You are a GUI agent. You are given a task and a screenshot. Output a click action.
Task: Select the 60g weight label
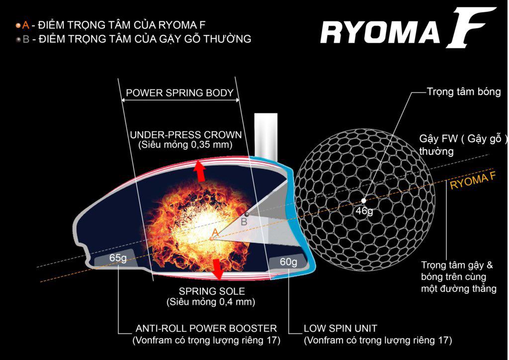[x=288, y=262]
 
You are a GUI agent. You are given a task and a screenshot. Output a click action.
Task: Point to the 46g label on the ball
[x=364, y=211]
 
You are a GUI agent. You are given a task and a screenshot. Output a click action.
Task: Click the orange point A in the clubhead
[x=212, y=239]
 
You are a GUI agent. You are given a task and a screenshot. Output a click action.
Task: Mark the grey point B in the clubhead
[x=246, y=214]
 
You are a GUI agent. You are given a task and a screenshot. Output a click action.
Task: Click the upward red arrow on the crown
[x=199, y=170]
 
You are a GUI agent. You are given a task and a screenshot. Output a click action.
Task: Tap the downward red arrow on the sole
[x=217, y=269]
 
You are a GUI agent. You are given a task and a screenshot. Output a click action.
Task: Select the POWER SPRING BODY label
[x=179, y=93]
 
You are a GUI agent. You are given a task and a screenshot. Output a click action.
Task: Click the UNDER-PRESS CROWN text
[x=185, y=135]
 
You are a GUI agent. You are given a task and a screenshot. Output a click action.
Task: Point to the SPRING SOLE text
[x=212, y=291]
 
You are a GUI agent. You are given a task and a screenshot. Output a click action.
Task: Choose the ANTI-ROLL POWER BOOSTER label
[x=206, y=329]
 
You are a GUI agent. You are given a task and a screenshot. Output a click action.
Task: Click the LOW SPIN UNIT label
[x=340, y=329]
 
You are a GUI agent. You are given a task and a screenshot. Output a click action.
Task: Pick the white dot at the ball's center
[x=364, y=200]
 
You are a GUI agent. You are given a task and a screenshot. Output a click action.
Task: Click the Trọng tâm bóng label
[x=464, y=92]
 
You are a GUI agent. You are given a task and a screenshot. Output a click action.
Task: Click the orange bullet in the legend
[x=18, y=24]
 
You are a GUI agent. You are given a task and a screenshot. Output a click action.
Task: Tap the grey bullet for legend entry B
[x=18, y=39]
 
